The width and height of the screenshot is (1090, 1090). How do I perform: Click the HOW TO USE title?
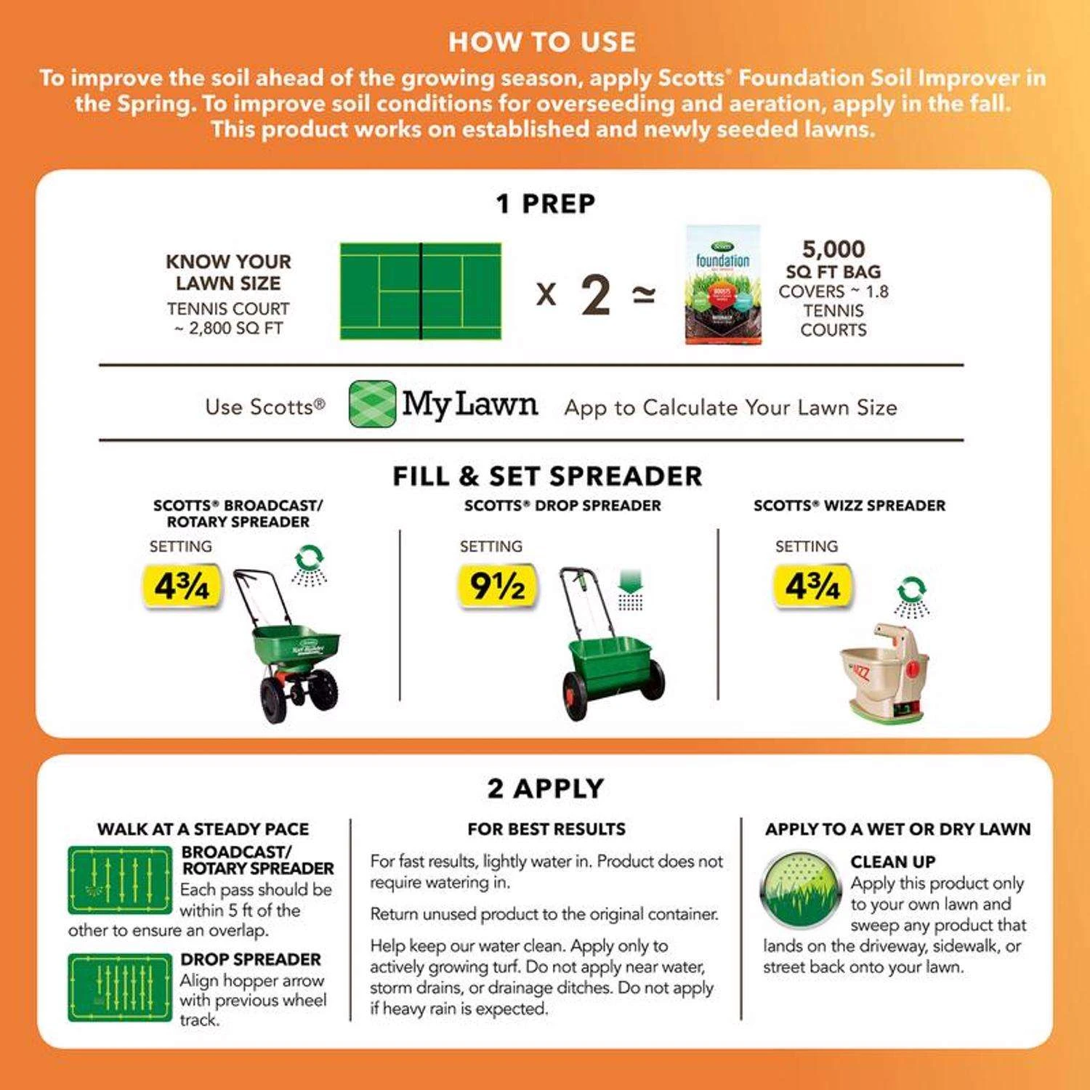point(542,42)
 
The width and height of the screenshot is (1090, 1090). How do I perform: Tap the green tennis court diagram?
point(421,291)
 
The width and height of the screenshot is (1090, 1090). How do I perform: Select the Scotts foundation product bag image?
point(723,285)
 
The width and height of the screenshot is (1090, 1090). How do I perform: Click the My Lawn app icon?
point(372,404)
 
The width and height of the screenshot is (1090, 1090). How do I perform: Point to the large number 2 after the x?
point(596,295)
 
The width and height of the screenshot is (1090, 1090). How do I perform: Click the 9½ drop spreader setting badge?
point(497,586)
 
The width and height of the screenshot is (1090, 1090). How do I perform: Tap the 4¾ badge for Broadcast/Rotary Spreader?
point(182,586)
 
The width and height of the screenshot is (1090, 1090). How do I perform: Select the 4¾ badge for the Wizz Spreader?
point(812,586)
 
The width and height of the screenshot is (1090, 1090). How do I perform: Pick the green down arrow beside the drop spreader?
point(630,582)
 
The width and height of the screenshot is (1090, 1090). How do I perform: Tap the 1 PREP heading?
point(545,204)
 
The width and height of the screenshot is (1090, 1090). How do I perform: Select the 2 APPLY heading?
point(545,788)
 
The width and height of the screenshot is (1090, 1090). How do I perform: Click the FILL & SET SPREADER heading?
point(547,477)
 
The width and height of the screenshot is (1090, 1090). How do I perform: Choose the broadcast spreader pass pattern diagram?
point(120,880)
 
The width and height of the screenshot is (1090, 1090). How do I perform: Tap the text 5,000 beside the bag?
point(833,249)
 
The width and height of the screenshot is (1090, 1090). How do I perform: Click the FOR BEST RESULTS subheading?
point(546,829)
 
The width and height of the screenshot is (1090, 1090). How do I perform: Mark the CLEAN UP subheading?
point(892,862)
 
